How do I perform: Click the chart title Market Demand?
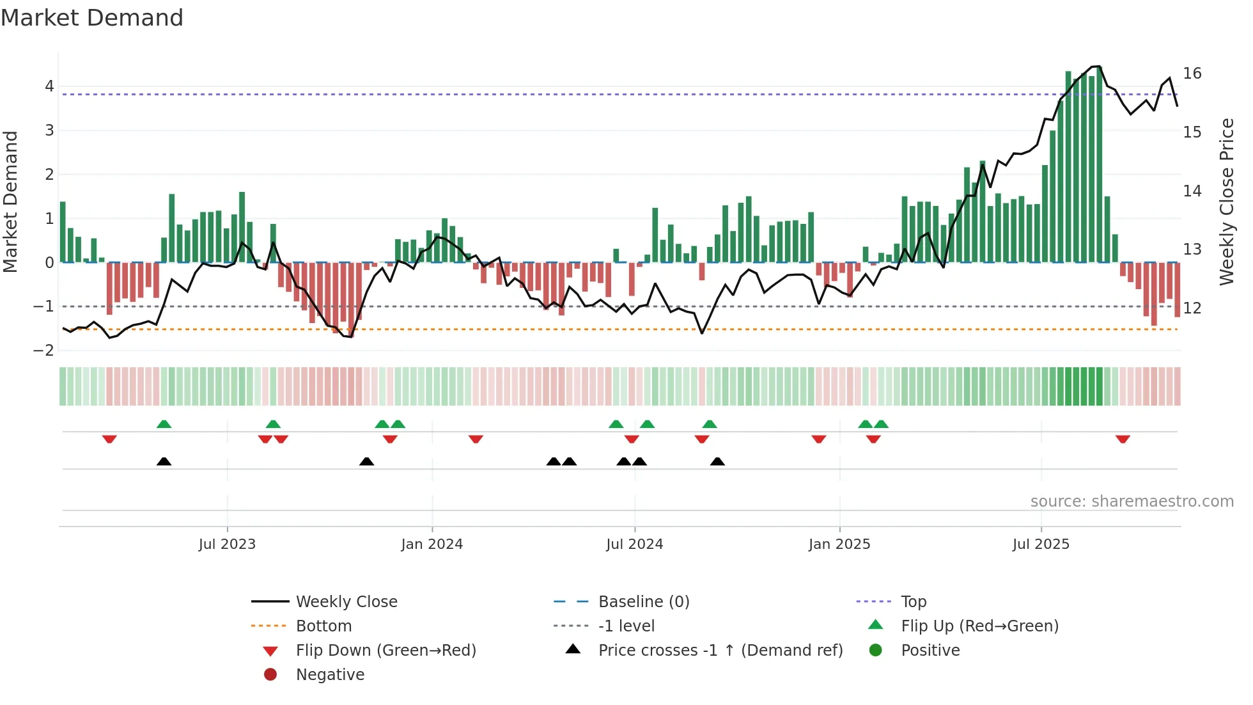pos(92,18)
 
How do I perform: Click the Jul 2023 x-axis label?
pos(227,544)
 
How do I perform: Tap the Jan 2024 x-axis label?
pos(432,544)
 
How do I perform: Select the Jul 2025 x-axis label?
pos(1041,544)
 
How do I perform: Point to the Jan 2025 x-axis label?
pos(839,544)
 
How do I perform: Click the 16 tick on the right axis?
pos(1192,74)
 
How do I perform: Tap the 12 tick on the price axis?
pos(1192,308)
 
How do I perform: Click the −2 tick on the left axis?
pos(43,351)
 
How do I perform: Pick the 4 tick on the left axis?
pos(49,86)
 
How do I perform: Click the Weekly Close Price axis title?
pos(1226,202)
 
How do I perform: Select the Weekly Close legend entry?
pos(346,602)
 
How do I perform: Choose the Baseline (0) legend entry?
pos(643,602)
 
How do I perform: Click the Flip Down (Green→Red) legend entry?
pos(385,651)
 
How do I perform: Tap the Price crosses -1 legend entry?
pos(720,651)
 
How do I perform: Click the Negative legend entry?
pos(330,675)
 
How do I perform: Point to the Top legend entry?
pos(913,602)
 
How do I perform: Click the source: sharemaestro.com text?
pos(1132,502)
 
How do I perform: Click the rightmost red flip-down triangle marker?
pos(1123,439)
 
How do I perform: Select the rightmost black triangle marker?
pos(717,461)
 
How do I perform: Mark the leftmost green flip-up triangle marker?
pos(164,424)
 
